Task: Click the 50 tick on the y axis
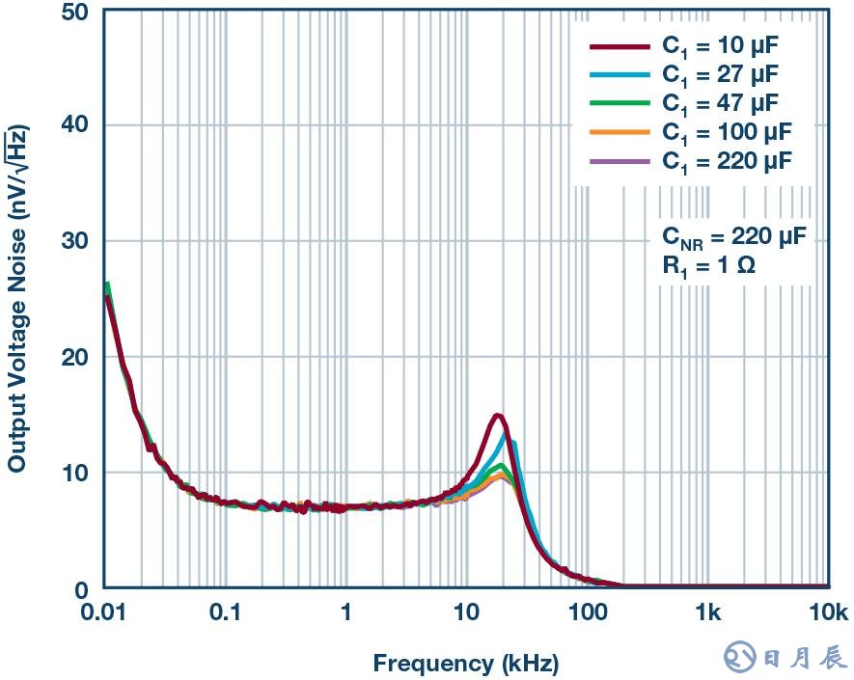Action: click(x=75, y=11)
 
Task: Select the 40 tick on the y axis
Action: click(x=75, y=125)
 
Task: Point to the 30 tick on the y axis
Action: click(x=75, y=241)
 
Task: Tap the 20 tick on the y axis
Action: click(x=75, y=357)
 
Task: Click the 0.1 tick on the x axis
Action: click(x=226, y=612)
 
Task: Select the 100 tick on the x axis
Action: click(x=587, y=612)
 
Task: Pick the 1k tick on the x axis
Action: click(x=708, y=612)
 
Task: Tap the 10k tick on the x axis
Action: click(x=828, y=612)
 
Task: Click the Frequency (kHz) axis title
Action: click(x=465, y=664)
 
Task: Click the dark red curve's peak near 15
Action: click(x=498, y=416)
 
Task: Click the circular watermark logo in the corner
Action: click(x=740, y=659)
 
